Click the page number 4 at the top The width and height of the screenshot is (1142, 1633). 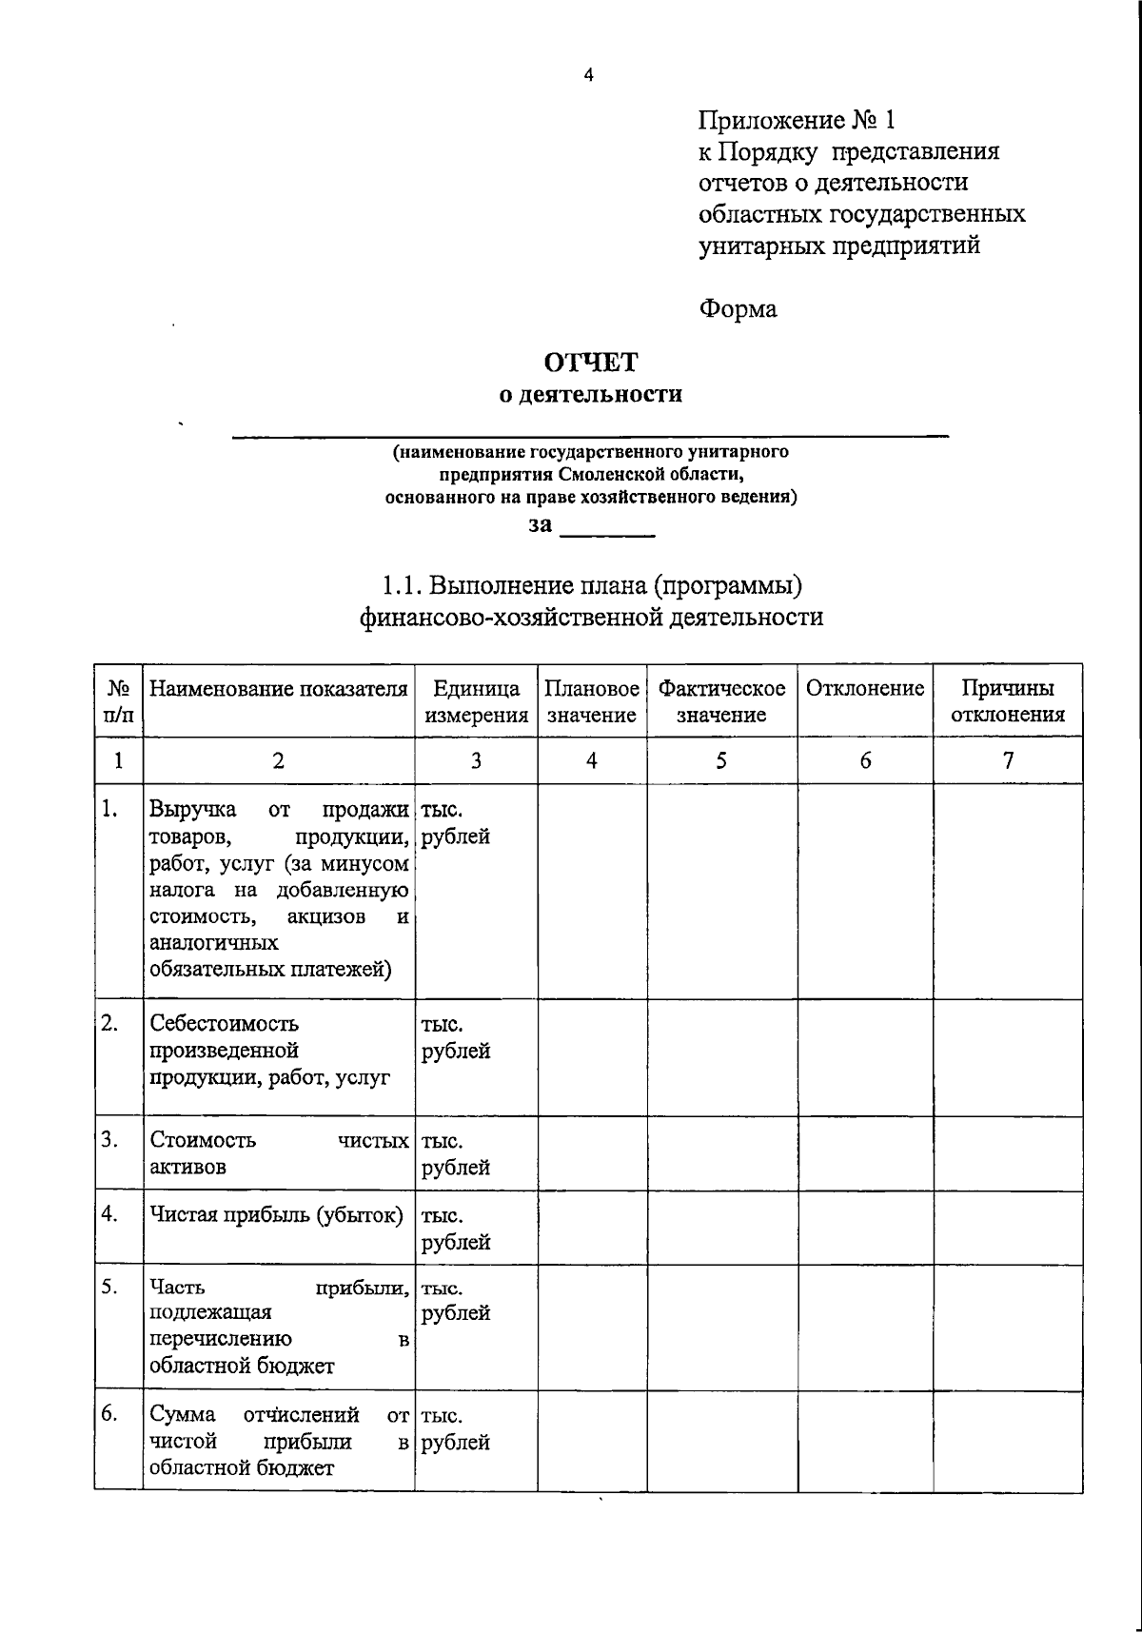[588, 76]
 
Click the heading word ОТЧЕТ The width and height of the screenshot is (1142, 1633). [590, 363]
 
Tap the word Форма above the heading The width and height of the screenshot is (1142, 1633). [738, 309]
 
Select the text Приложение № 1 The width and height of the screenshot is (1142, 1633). [797, 121]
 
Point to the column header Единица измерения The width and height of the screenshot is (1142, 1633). [476, 701]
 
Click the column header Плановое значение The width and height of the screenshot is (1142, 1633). [591, 701]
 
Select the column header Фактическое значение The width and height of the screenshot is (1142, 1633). [721, 701]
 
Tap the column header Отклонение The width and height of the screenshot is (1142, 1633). [865, 688]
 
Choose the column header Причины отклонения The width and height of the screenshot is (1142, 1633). [1007, 701]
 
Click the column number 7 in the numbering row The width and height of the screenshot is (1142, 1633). [1008, 759]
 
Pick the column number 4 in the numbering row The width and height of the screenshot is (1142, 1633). [591, 759]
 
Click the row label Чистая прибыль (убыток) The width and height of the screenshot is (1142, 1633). [276, 1215]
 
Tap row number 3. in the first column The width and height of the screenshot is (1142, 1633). [109, 1139]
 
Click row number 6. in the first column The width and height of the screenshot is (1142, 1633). [109, 1414]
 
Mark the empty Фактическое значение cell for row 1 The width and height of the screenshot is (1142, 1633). [721, 891]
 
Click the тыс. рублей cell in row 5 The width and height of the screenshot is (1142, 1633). [456, 1301]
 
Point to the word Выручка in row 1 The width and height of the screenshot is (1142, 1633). [193, 810]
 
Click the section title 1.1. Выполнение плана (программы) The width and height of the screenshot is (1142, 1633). [591, 584]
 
